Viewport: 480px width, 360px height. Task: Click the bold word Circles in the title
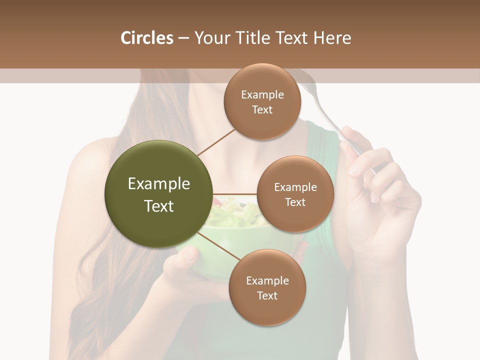[146, 38]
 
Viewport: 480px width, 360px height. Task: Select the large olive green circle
[159, 194]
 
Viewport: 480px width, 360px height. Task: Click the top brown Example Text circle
[262, 102]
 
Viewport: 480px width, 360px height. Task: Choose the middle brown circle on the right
[295, 194]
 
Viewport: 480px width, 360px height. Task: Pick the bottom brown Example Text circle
[267, 287]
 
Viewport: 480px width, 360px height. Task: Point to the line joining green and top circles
[216, 141]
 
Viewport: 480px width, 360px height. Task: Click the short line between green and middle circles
[235, 194]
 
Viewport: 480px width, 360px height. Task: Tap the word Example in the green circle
[159, 184]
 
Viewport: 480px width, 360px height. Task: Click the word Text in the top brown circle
[262, 110]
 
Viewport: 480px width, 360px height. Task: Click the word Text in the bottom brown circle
[267, 295]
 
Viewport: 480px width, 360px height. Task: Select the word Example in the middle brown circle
[295, 187]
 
